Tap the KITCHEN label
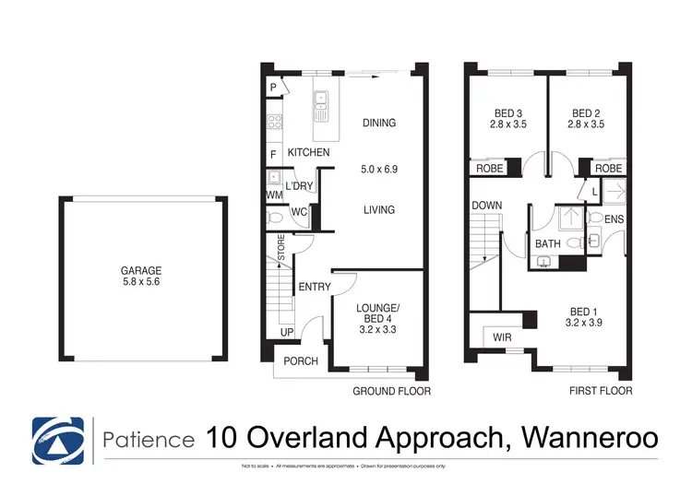(x=308, y=152)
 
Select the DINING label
(x=378, y=123)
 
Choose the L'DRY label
(x=299, y=186)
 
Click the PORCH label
(x=300, y=360)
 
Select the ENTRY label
(x=315, y=287)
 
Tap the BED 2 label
(x=586, y=116)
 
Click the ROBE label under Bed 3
(x=489, y=169)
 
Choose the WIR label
(x=503, y=338)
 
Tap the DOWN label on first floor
(x=485, y=206)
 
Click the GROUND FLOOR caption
(x=392, y=391)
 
